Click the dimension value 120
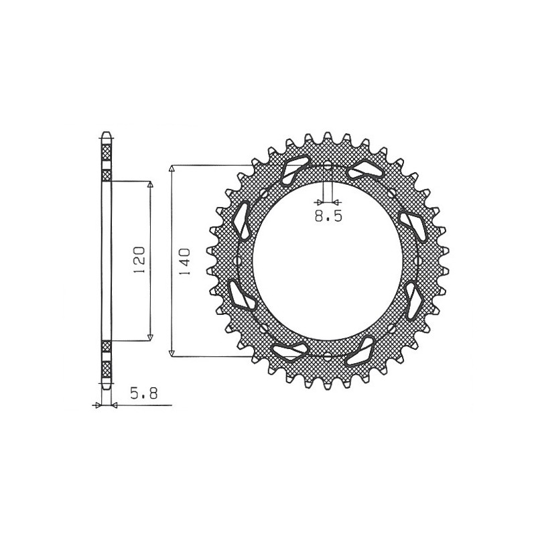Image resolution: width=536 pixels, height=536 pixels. coord(139,261)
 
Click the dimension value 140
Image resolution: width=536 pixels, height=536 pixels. coord(186,261)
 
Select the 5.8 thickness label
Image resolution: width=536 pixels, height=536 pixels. coord(143,395)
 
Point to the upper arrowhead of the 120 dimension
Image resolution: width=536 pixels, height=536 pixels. coord(149,184)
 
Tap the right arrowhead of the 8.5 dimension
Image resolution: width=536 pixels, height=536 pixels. coord(336,201)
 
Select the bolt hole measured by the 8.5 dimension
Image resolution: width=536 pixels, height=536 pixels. coord(328,165)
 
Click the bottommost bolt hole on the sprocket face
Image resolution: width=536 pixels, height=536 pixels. coord(328,356)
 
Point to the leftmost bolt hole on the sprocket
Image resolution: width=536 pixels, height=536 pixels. coord(240,260)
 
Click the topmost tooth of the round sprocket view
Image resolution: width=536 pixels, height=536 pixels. coord(328,136)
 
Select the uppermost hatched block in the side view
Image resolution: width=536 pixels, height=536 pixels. coord(105,150)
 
